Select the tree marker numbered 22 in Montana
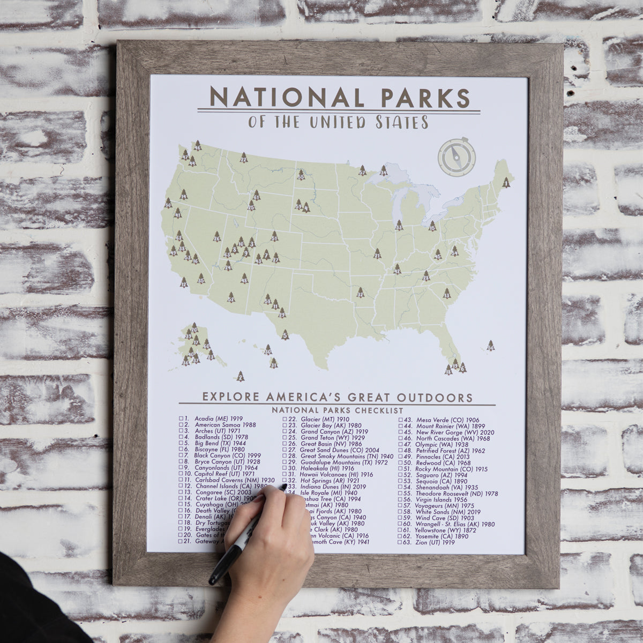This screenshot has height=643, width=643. [x=244, y=158]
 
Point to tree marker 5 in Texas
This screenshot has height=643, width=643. [x=285, y=335]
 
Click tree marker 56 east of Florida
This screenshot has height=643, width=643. [x=491, y=346]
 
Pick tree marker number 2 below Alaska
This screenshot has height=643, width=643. [x=240, y=376]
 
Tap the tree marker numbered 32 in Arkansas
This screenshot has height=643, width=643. [x=361, y=293]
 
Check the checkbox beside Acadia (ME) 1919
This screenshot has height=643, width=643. [x=181, y=417]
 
